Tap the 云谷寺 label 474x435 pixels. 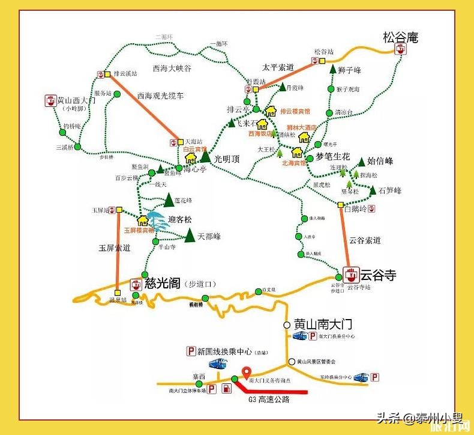coord(378,275)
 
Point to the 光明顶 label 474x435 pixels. coord(227,159)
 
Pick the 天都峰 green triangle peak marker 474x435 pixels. coord(190,235)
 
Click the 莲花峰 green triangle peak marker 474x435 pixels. coord(169,199)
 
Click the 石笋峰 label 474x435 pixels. coord(390,190)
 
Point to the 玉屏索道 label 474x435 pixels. coord(115,248)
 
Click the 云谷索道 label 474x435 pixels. coord(364,240)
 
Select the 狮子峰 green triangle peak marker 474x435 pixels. coord(333,68)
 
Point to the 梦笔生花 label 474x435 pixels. coord(332,155)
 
